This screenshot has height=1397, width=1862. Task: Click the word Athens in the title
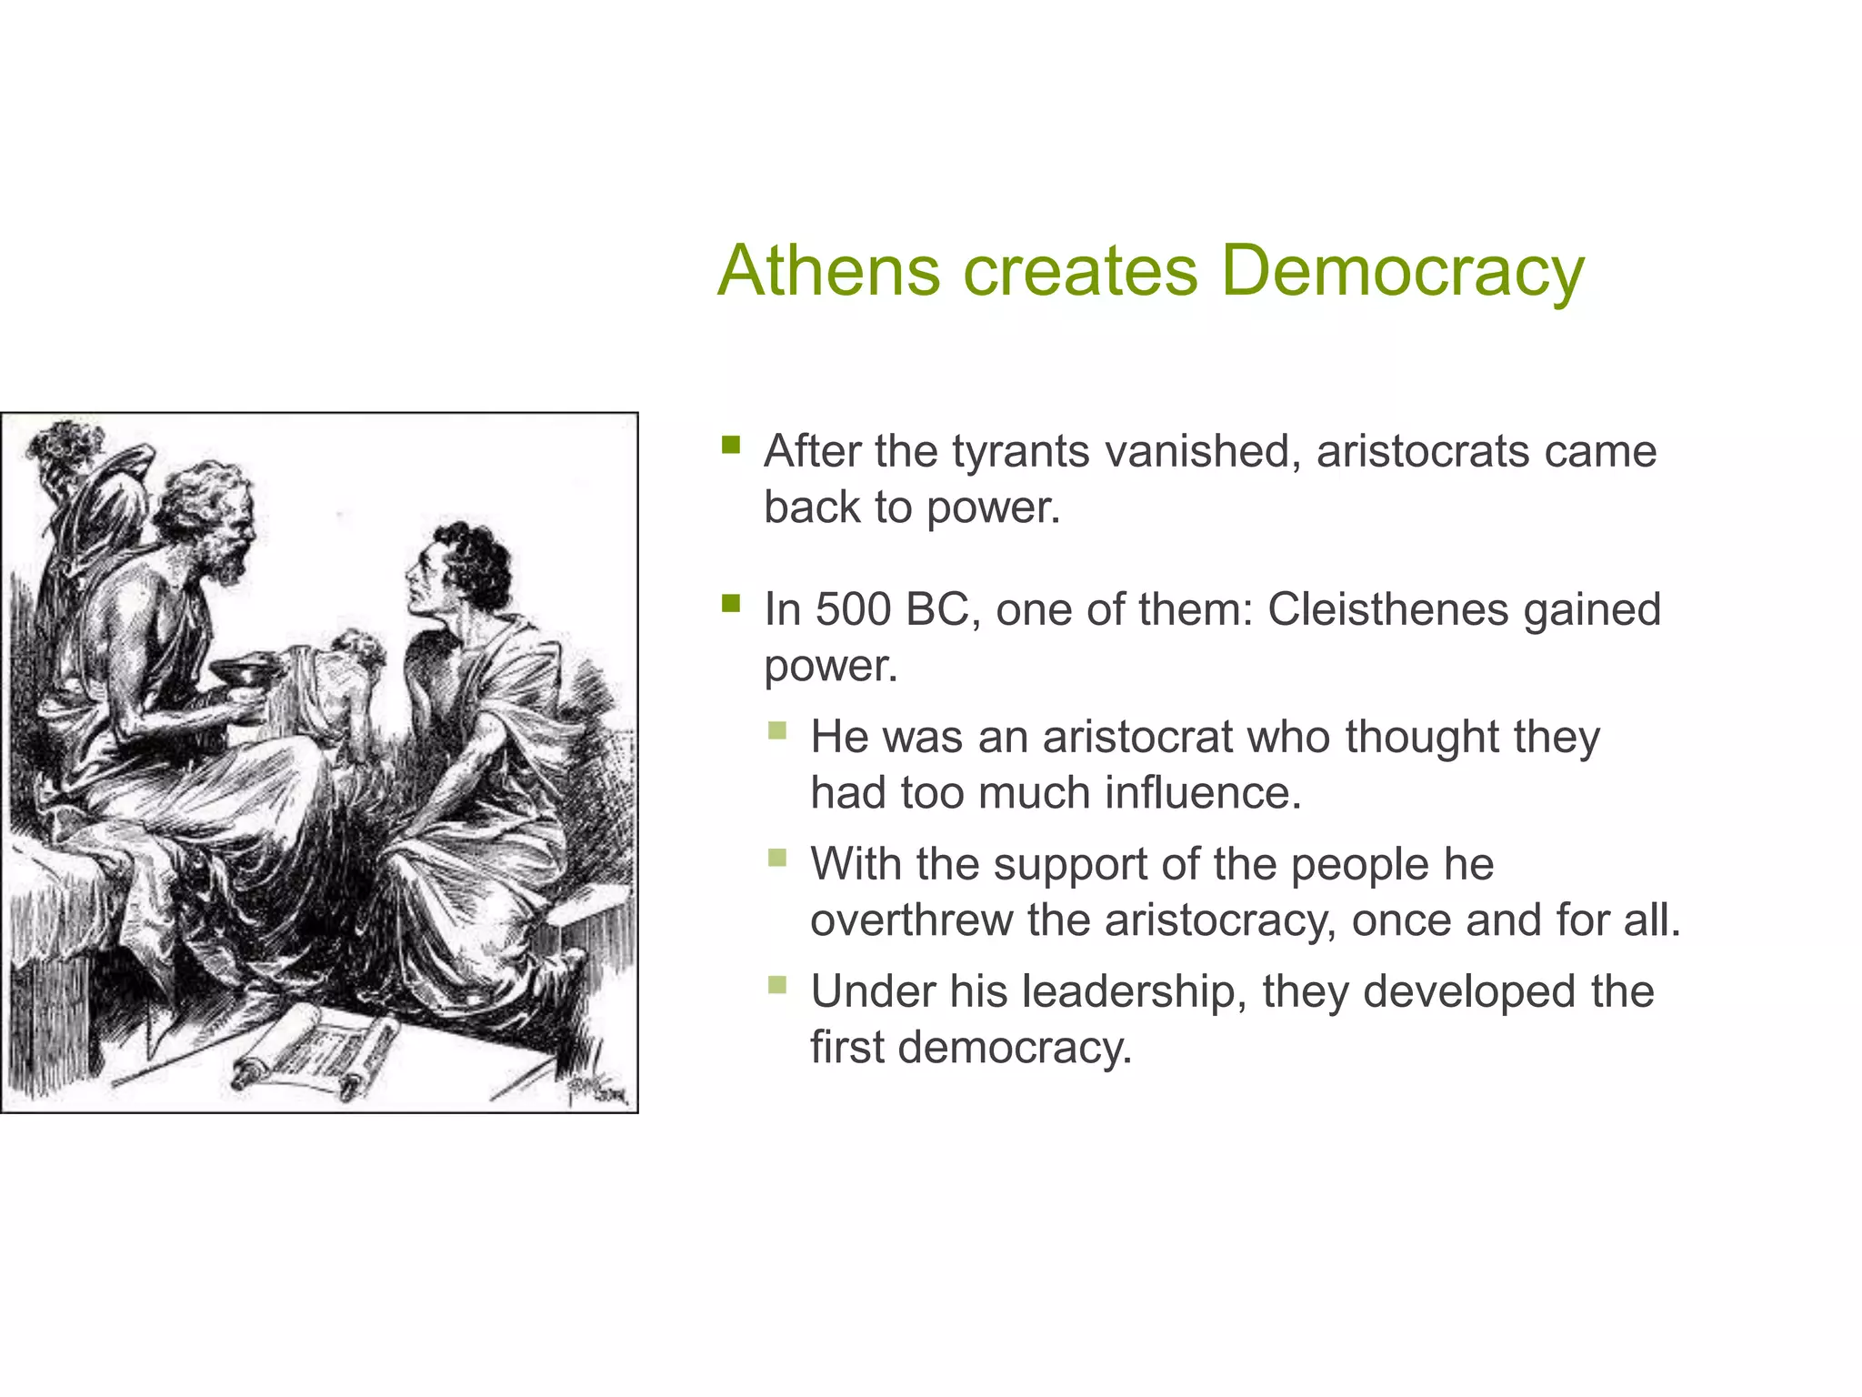click(x=828, y=270)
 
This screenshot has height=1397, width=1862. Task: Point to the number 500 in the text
click(x=853, y=609)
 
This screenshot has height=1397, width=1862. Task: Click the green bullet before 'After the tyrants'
click(x=731, y=445)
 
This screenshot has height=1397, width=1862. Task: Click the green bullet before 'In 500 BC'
click(x=731, y=603)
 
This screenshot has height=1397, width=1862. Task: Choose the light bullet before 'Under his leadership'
click(x=777, y=985)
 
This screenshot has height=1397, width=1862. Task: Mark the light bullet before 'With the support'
click(x=777, y=858)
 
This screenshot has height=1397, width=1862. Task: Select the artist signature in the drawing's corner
click(x=596, y=1089)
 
